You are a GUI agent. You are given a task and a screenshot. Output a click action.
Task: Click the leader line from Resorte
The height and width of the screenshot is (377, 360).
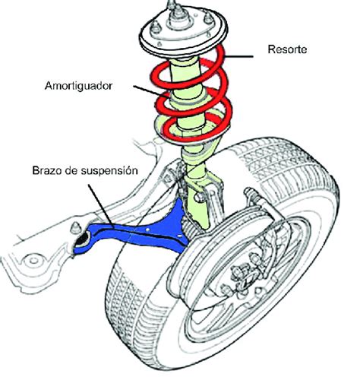(243, 55)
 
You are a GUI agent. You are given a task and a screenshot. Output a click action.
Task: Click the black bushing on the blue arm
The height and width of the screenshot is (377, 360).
(82, 242)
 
